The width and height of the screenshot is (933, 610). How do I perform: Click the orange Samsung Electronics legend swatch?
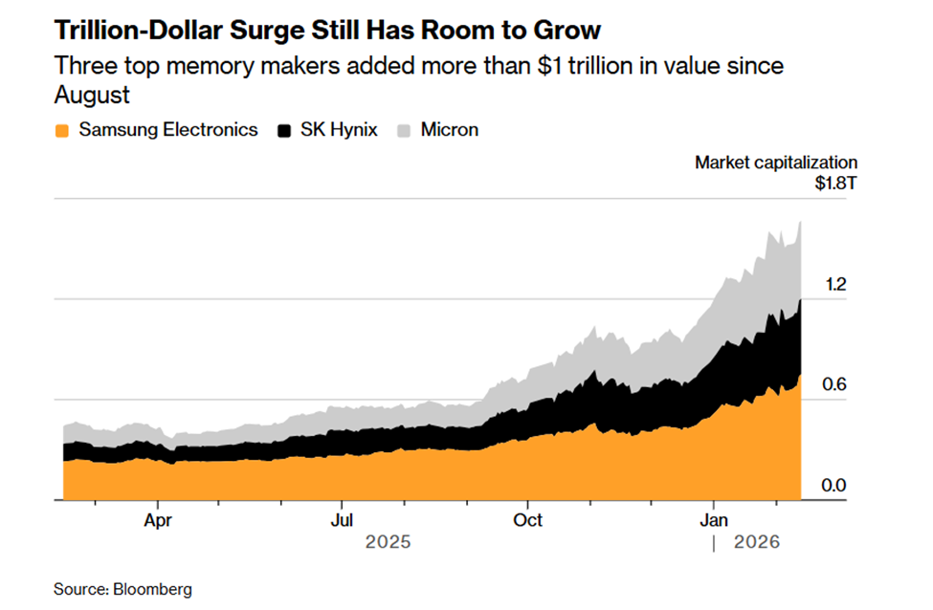[x=63, y=130]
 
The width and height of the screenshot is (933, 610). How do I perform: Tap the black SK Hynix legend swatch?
[x=285, y=130]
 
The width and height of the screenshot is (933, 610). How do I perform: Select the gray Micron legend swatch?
[x=406, y=130]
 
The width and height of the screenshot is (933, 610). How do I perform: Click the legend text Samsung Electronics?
[x=168, y=130]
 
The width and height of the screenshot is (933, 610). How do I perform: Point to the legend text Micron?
[x=450, y=130]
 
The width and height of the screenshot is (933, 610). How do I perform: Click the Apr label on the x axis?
[x=158, y=520]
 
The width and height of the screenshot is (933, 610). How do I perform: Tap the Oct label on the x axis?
[x=527, y=520]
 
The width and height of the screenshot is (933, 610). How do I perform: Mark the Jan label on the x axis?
[x=714, y=520]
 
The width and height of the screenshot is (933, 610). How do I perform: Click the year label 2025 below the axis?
[x=388, y=542]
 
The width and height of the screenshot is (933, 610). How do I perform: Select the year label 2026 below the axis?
[x=757, y=542]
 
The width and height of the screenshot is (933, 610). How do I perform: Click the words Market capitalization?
[x=776, y=163]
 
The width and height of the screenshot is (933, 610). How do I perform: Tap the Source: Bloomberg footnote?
[x=122, y=589]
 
